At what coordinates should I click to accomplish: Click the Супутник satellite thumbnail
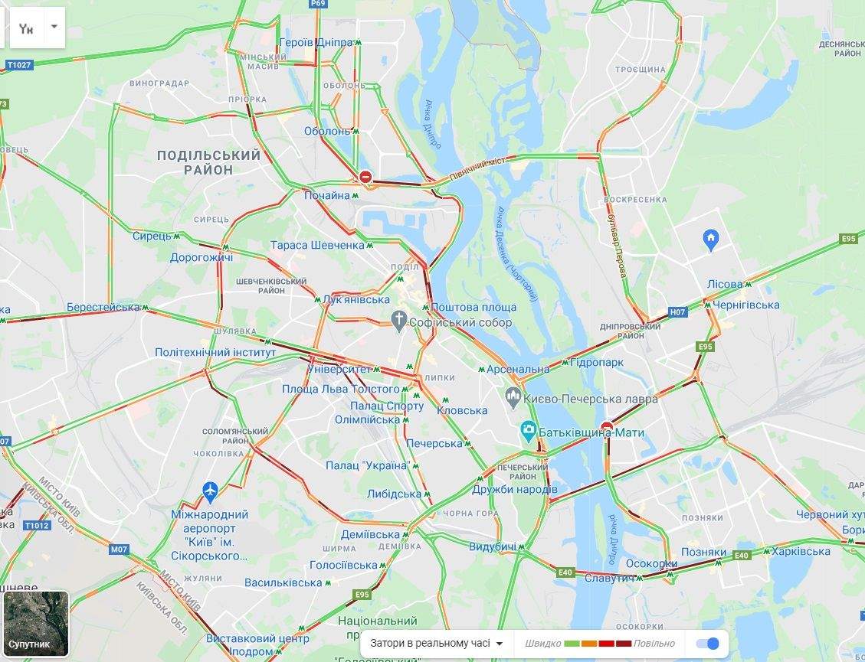36,624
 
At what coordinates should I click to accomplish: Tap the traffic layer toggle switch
708,644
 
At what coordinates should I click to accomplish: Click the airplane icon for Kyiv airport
211,492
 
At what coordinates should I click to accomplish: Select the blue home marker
710,240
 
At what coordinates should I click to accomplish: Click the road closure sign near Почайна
365,178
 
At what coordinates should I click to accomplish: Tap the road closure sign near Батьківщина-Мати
607,426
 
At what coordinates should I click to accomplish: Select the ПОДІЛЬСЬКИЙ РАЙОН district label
208,162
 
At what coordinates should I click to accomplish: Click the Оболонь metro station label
326,132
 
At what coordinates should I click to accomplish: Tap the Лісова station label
725,284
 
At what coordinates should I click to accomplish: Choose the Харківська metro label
801,551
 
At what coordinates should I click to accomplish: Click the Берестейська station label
103,307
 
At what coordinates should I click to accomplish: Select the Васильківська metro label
283,583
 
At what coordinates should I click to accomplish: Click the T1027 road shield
18,65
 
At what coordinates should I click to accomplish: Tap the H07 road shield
677,312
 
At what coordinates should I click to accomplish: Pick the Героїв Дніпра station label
316,43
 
